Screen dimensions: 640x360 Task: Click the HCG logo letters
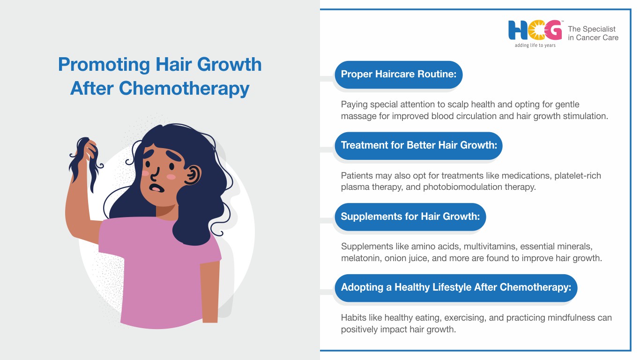(535, 30)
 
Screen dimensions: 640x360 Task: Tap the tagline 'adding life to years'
(535, 45)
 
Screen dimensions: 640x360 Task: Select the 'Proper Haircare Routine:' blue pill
(399, 75)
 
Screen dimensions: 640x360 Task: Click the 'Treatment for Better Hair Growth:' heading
(419, 145)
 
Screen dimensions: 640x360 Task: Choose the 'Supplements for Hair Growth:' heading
(410, 217)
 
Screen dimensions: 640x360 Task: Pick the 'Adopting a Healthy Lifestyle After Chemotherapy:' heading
(456, 287)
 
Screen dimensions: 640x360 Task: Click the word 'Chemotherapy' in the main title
(184, 89)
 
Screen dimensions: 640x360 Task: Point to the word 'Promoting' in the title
(104, 65)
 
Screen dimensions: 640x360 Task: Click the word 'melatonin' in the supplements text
(361, 258)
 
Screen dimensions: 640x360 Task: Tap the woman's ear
(193, 175)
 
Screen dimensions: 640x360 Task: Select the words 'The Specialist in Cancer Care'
(593, 33)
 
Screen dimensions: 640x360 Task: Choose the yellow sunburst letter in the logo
(536, 30)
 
